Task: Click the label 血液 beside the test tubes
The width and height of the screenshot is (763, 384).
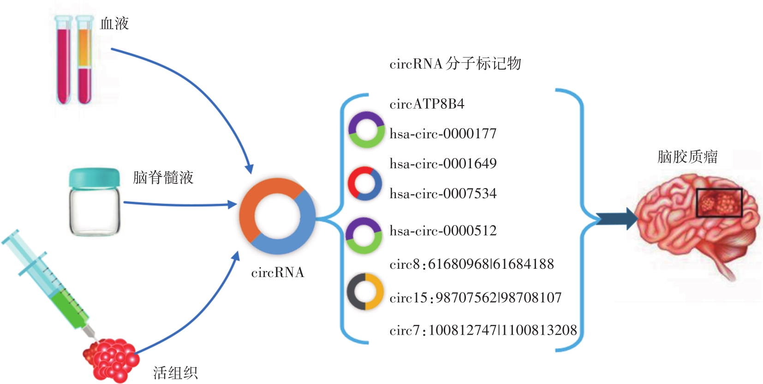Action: point(114,24)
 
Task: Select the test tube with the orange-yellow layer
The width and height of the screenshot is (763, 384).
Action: point(84,60)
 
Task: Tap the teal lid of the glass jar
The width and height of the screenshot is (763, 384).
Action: point(94,177)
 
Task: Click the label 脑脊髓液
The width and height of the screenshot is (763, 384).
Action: point(163,177)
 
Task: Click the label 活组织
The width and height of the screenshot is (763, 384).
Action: point(175,372)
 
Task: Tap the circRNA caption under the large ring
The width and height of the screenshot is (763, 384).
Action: point(277,272)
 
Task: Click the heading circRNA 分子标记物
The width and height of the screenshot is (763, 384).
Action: point(455,64)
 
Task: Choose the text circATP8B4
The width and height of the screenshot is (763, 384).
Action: point(427,104)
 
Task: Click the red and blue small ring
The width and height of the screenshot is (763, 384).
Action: point(364,183)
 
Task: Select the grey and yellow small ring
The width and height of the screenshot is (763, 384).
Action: point(365,292)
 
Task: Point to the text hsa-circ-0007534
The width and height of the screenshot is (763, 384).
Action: point(443,194)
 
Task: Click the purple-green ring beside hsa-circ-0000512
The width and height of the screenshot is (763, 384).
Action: point(364,236)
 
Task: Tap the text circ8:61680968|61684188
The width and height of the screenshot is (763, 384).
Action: point(471,264)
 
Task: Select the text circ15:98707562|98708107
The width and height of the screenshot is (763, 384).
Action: point(475,298)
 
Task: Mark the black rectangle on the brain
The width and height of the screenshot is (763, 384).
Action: point(719,202)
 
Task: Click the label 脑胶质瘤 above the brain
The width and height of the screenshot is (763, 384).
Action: point(687,157)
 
